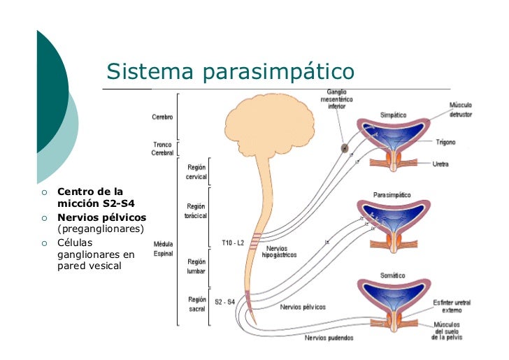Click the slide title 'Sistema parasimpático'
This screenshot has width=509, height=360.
(230, 71)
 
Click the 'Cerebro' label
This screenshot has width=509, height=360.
(162, 117)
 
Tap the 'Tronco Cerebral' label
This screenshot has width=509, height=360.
(162, 149)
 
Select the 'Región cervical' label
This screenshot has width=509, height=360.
(196, 171)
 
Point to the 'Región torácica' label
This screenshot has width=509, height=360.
(195, 210)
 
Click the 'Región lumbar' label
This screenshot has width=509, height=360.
(196, 266)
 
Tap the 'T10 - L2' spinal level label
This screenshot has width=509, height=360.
(233, 243)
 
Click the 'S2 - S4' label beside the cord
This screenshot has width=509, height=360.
(224, 301)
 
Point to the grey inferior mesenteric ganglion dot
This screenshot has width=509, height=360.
(344, 148)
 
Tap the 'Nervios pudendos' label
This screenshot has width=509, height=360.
(329, 338)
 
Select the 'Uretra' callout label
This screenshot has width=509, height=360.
(440, 164)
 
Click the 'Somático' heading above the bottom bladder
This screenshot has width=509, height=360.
(392, 275)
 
